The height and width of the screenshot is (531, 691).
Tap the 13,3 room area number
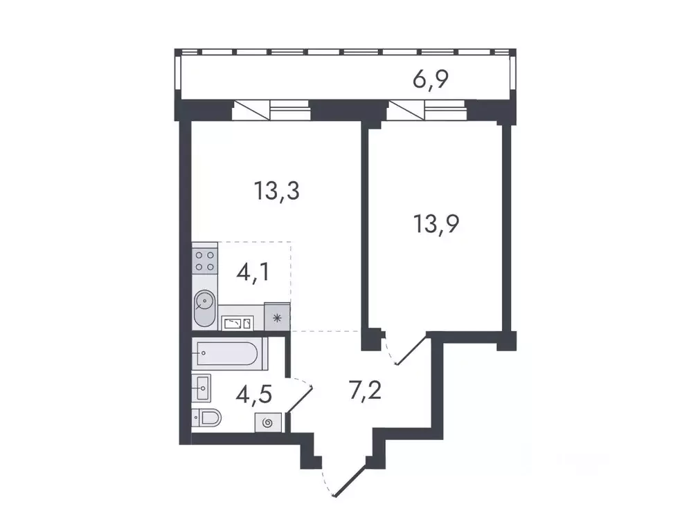pos(276,190)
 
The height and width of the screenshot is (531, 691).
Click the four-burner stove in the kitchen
pos(204,261)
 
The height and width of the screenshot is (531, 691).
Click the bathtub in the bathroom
pos(226,355)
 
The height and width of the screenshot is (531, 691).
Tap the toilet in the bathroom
pos(206,417)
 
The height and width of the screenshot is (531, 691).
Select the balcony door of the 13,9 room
pos(406,109)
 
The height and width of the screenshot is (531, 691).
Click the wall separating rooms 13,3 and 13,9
pos(364,228)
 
